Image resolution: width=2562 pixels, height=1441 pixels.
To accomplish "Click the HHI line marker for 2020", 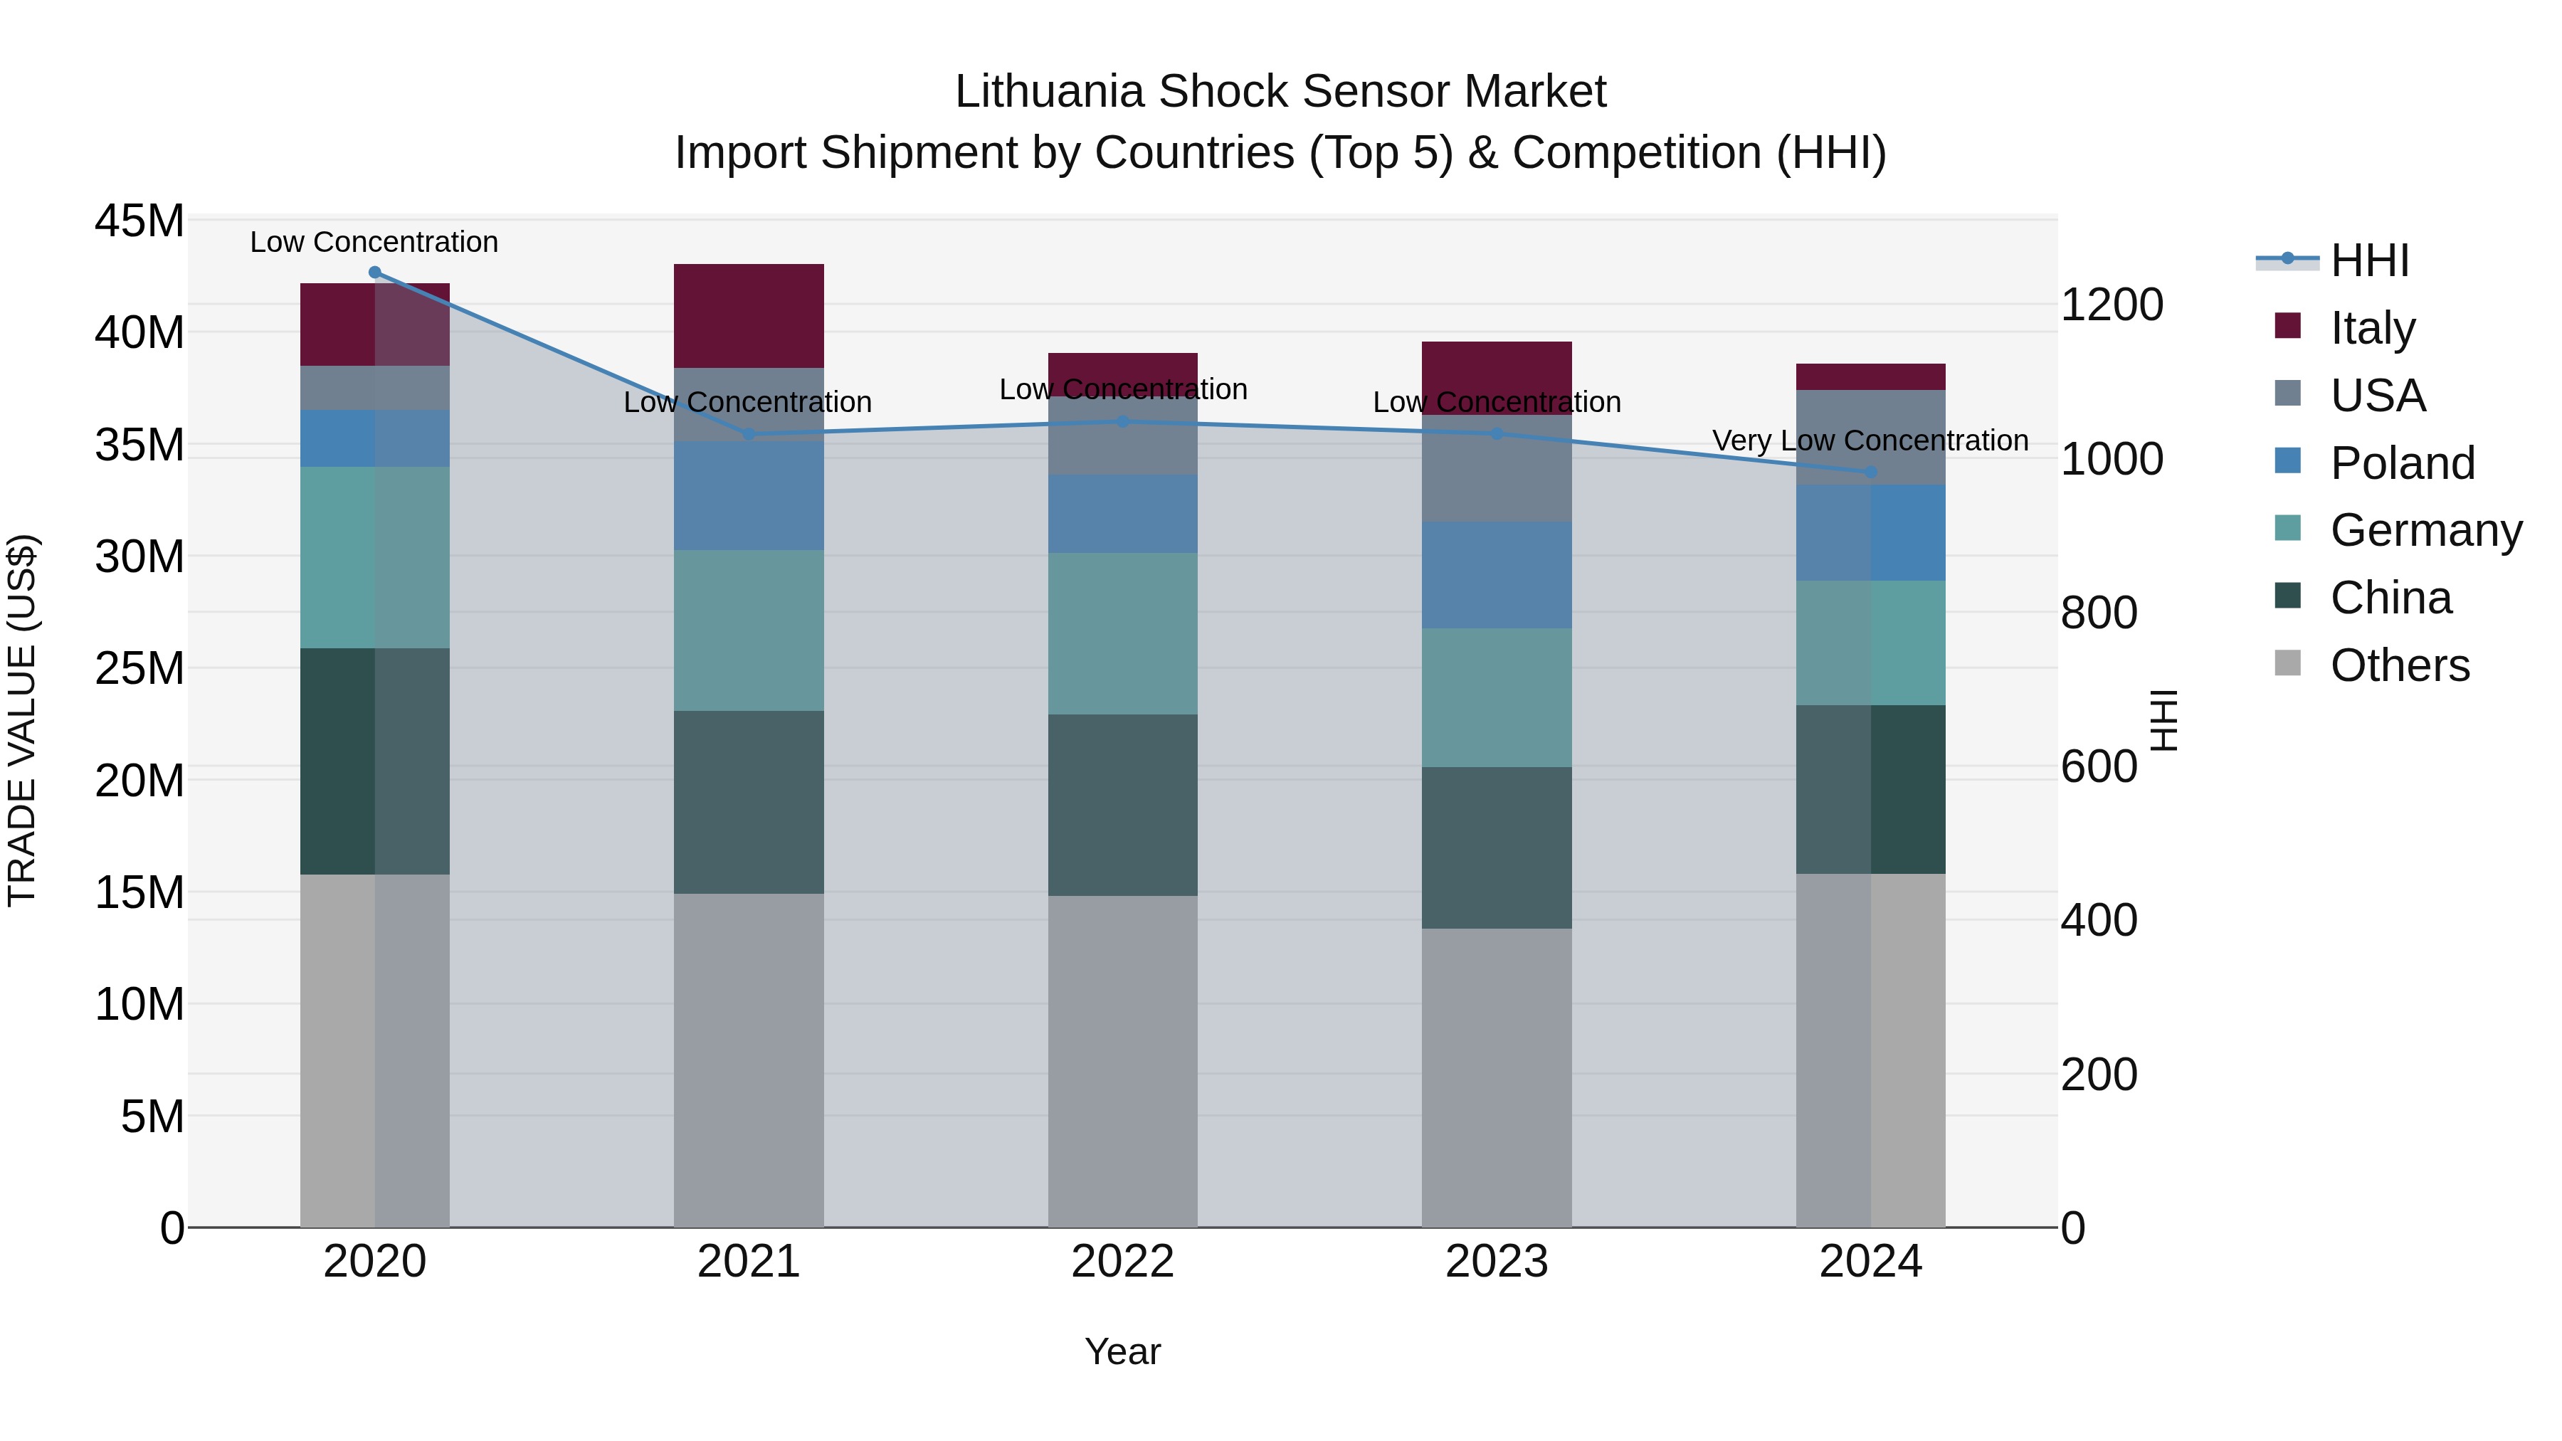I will click(x=375, y=273).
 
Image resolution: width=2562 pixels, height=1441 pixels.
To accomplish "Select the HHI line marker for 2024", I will click(x=1871, y=473).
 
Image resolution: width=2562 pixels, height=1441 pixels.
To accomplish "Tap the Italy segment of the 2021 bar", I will click(x=749, y=316).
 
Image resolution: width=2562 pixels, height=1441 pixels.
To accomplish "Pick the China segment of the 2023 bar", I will click(x=1497, y=848).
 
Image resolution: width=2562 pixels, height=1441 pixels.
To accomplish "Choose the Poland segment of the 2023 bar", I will click(x=1497, y=575).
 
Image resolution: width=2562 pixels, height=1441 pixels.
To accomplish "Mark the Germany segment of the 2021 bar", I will click(x=749, y=630).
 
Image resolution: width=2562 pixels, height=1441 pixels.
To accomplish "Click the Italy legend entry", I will click(x=2372, y=328).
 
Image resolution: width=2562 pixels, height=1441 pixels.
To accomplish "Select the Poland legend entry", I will click(x=2402, y=463).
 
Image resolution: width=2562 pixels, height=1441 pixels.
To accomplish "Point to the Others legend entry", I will click(x=2399, y=665).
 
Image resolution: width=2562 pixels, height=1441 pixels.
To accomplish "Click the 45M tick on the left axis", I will click(x=139, y=221).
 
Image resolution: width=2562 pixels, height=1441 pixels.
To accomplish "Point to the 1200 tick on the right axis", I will click(x=2112, y=305).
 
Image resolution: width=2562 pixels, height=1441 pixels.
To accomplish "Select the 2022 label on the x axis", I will click(x=1123, y=1262).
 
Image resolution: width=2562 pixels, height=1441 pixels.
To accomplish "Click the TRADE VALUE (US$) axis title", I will click(x=22, y=720).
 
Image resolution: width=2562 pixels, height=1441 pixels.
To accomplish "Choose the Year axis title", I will click(x=1123, y=1351).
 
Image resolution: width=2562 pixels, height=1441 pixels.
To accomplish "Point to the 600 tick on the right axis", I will click(x=2099, y=766).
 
